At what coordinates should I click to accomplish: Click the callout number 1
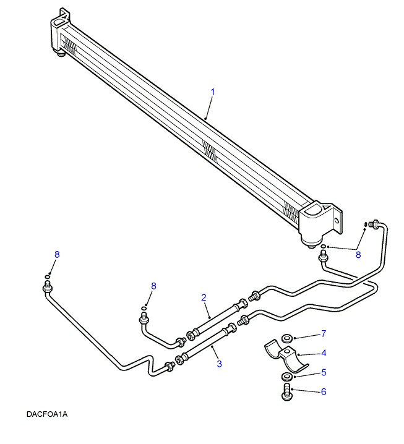[x=212, y=92]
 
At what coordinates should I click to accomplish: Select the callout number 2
[x=204, y=298]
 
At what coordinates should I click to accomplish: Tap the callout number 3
[x=219, y=364]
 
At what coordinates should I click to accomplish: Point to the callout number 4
[x=322, y=353]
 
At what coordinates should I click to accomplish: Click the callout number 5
[x=322, y=373]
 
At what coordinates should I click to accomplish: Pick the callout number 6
[x=322, y=392]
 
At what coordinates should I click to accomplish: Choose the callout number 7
[x=322, y=335]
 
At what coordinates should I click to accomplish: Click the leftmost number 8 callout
[x=57, y=255]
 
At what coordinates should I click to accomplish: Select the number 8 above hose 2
[x=154, y=286]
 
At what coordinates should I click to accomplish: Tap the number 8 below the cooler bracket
[x=358, y=254]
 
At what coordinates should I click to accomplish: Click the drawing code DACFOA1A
[x=47, y=414]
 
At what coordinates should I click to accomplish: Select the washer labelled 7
[x=287, y=338]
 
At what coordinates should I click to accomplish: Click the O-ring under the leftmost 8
[x=48, y=276]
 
